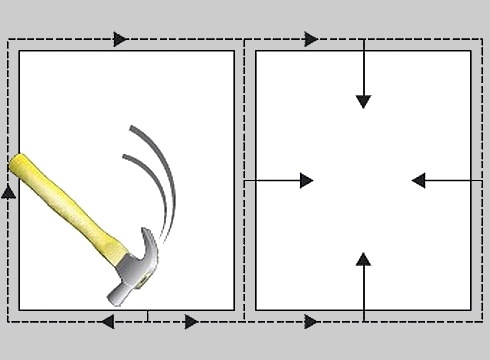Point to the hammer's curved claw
[151, 246]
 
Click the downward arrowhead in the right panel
[363, 100]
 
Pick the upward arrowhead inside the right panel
[363, 258]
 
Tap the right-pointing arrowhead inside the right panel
[306, 180]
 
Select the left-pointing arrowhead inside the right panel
[419, 180]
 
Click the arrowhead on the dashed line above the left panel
[120, 39]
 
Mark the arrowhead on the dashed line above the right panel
[311, 39]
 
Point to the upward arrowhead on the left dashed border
[9, 190]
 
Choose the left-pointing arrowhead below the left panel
[107, 322]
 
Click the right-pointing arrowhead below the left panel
[190, 322]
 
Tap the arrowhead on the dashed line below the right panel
[311, 322]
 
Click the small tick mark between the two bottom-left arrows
[148, 317]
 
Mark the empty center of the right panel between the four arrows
[363, 180]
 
